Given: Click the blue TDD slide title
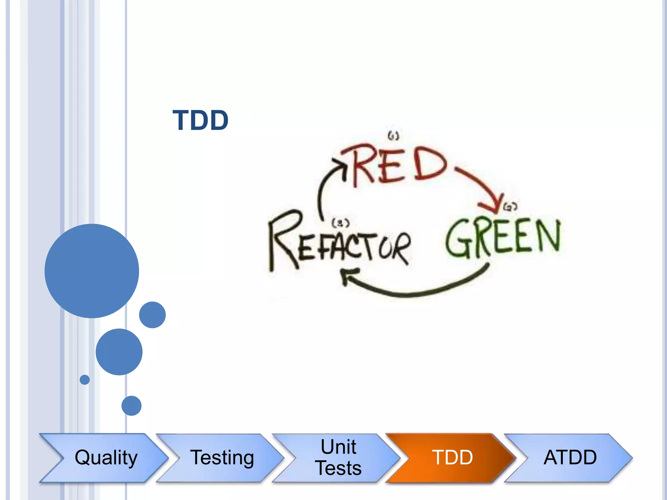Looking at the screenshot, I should [200, 120].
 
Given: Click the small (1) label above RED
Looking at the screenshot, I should [393, 135].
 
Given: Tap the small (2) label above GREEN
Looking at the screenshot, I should [510, 206].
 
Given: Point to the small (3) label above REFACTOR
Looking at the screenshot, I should [340, 223].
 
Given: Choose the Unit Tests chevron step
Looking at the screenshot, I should [339, 457].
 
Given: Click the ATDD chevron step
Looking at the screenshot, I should [570, 457].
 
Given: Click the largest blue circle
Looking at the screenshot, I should [92, 271].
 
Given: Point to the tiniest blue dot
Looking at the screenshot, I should [85, 380].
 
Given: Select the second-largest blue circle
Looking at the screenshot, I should [119, 352].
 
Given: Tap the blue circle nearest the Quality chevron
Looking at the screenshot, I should [132, 406].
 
